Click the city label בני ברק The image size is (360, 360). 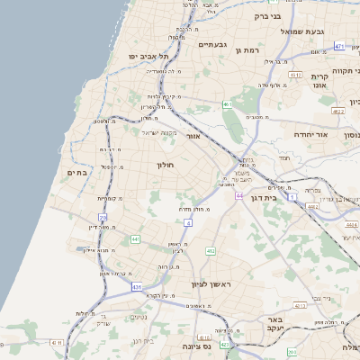(x=268, y=15)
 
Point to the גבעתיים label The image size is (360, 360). (x=212, y=44)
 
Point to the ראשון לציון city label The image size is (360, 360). (x=211, y=284)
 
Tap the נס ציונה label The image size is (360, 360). (x=195, y=346)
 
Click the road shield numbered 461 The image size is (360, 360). (x=229, y=105)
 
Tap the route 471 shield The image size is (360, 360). (x=339, y=45)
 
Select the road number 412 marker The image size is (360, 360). (x=211, y=251)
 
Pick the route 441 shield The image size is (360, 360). (x=135, y=238)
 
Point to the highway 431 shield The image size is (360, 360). (x=138, y=286)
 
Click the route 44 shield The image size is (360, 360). (x=239, y=194)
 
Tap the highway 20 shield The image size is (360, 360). (x=103, y=218)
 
